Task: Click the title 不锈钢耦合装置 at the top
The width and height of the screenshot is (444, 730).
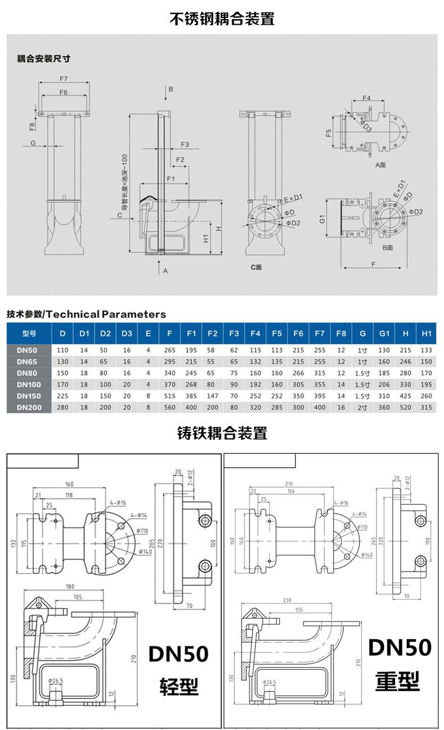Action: pyautogui.click(x=222, y=19)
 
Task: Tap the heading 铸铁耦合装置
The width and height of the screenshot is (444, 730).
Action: pyautogui.click(x=222, y=433)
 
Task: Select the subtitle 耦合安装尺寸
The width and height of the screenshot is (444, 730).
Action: pyautogui.click(x=43, y=58)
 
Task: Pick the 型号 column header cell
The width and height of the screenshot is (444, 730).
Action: pyautogui.click(x=29, y=334)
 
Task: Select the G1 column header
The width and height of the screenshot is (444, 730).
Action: pyautogui.click(x=384, y=334)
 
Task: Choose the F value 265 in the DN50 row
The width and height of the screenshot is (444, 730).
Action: pyautogui.click(x=170, y=350)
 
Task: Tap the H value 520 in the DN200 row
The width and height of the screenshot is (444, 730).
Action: pyautogui.click(x=405, y=408)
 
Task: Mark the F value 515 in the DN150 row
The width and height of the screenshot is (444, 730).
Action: pyautogui.click(x=170, y=396)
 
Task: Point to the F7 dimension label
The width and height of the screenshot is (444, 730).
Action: pyautogui.click(x=63, y=78)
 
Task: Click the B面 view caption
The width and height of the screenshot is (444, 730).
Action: pyautogui.click(x=387, y=247)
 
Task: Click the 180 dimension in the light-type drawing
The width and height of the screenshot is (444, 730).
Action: pyautogui.click(x=70, y=587)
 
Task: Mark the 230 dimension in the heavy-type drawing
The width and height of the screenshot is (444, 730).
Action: pyautogui.click(x=287, y=600)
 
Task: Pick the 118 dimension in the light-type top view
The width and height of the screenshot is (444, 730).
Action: pyautogui.click(x=69, y=495)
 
